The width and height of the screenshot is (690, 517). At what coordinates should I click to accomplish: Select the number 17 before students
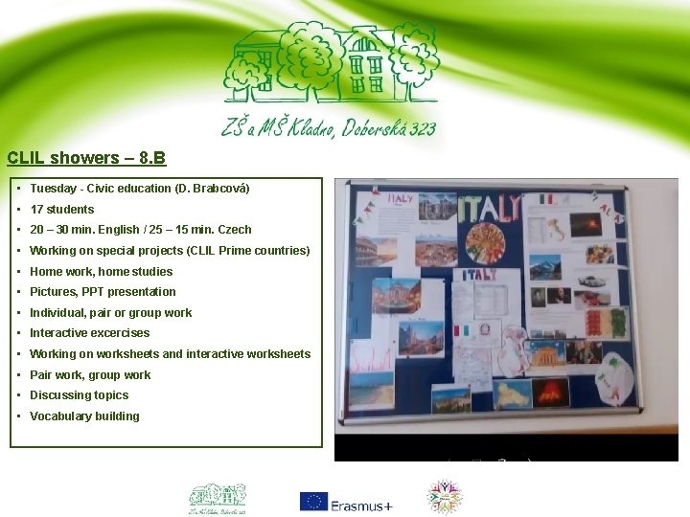pos(36,210)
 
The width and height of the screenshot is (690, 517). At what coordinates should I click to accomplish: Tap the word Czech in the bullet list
pos(235,230)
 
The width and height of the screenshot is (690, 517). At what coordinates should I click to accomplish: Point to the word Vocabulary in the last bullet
pos(59,416)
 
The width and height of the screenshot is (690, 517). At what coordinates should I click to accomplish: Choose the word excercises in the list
pos(120,333)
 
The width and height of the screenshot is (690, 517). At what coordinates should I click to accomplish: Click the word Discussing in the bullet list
pos(59,395)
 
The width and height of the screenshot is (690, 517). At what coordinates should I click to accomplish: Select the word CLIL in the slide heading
pos(26,158)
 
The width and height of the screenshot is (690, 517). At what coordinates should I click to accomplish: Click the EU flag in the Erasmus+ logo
pos(313,502)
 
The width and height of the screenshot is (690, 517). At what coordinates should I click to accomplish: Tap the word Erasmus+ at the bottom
pos(361,506)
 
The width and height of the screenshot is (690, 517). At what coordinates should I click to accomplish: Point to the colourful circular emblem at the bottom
pos(444,498)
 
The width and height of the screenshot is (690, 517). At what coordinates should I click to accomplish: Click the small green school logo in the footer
pos(217,498)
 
